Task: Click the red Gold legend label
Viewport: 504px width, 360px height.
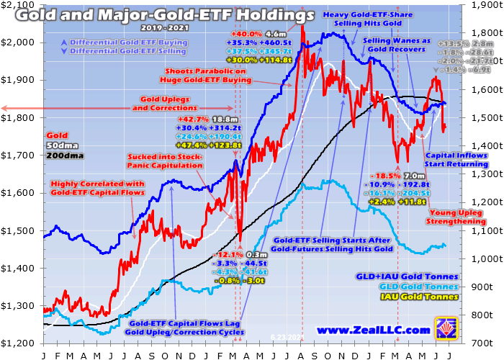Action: click(x=57, y=135)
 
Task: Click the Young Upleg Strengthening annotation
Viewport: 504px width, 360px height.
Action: click(x=456, y=217)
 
